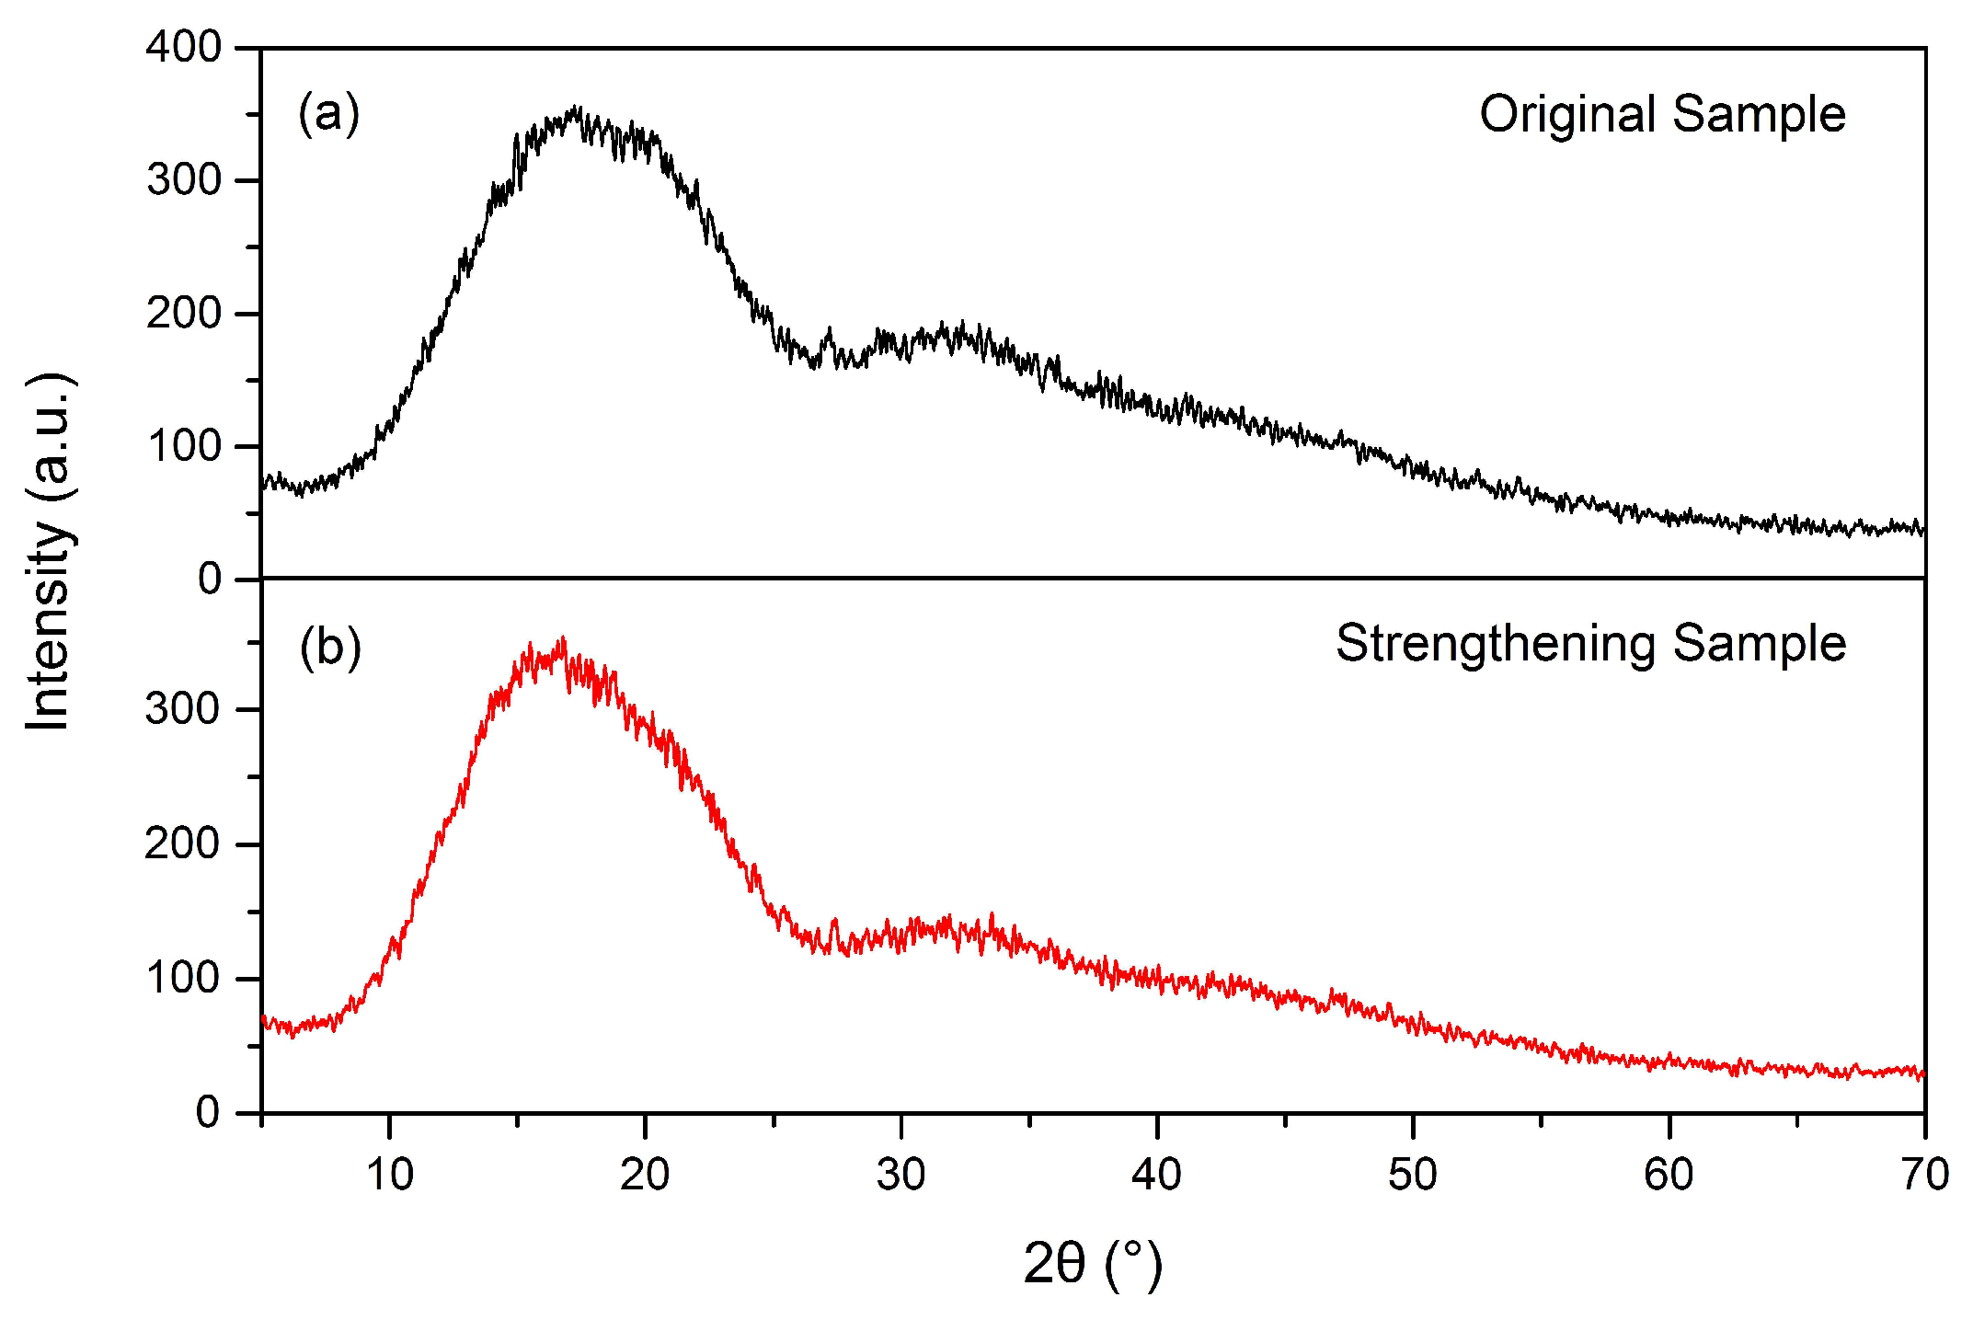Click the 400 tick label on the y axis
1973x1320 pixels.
[183, 47]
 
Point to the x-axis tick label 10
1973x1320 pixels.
[389, 1175]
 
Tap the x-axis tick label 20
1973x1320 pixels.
[645, 1175]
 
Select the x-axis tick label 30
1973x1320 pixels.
[900, 1175]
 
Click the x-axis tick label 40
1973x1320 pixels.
[1156, 1175]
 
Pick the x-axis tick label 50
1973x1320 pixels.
[1412, 1175]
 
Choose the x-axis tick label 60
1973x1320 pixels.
[1669, 1175]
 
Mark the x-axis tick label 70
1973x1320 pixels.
[1924, 1175]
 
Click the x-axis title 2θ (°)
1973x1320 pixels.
[1093, 1263]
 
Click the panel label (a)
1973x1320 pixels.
[328, 113]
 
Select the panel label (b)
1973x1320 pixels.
[330, 647]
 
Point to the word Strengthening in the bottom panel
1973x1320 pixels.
[1496, 644]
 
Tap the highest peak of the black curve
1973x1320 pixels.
[576, 109]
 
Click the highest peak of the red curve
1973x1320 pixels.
[562, 638]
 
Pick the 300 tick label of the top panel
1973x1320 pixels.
[183, 180]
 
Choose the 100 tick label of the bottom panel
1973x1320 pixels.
[183, 979]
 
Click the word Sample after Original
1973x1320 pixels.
[1759, 115]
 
